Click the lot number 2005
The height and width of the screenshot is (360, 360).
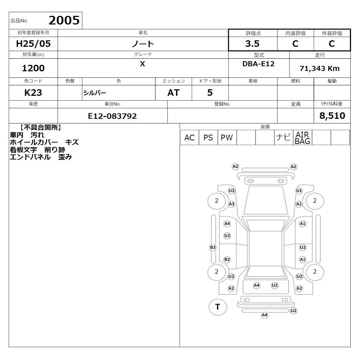64,21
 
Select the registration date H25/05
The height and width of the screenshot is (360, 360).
33,44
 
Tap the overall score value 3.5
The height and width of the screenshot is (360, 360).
252,44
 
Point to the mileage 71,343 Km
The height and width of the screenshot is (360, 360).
319,68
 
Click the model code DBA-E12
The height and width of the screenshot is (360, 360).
258,64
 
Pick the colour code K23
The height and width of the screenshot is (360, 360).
33,93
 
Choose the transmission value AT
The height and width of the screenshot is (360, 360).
174,93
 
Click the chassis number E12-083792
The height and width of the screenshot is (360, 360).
112,116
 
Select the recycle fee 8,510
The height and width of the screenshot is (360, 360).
332,116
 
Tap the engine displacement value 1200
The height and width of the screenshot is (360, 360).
33,68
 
